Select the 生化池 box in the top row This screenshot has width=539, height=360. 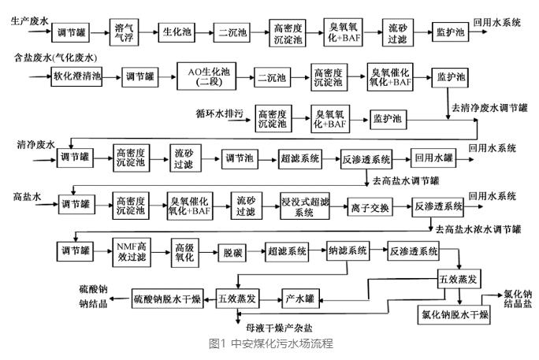coord(173,33)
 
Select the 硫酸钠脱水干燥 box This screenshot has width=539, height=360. coord(166,298)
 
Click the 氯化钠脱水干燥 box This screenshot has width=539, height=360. coord(455,316)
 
